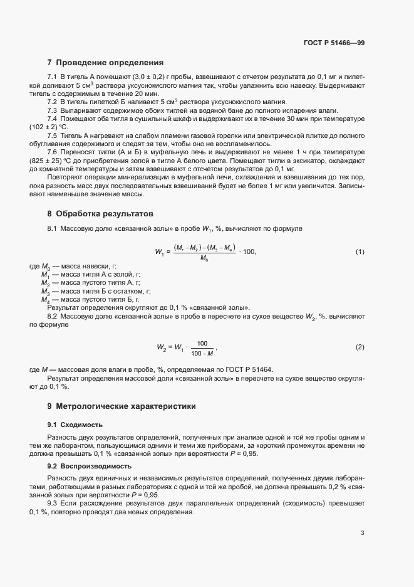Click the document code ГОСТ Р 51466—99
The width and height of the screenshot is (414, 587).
334,43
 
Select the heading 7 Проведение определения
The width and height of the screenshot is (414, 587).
105,63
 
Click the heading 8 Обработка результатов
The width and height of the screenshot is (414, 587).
100,214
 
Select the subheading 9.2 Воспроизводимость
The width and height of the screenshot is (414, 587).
90,466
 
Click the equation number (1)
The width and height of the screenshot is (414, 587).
360,251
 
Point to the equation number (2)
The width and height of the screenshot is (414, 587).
360,347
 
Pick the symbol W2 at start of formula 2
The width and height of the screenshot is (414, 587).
162,347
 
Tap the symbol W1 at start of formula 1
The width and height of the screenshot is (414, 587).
160,252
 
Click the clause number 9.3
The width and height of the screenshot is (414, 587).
53,504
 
